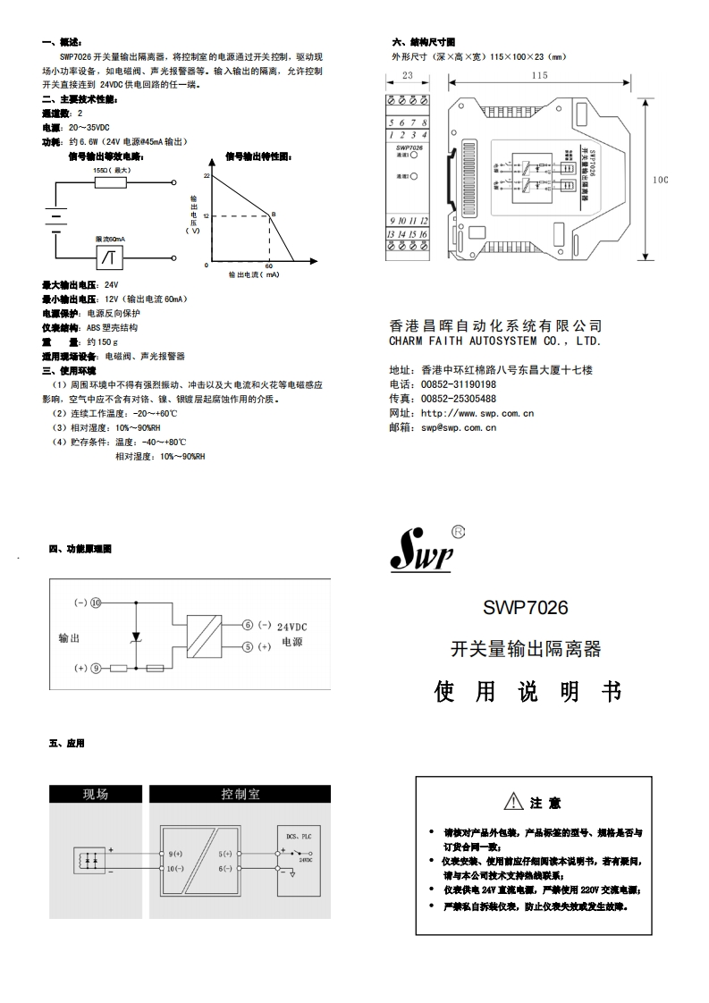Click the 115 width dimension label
pos(538,76)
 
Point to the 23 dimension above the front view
pos(407,76)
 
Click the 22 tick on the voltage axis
pos(206,176)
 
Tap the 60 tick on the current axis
pos(269,266)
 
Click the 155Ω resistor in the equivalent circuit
pos(112,182)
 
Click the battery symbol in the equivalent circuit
pos(55,218)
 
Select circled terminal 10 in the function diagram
pos(96,602)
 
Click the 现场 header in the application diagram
pos(96,794)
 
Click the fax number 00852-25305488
pos(459,399)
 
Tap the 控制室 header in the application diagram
pos(241,794)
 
